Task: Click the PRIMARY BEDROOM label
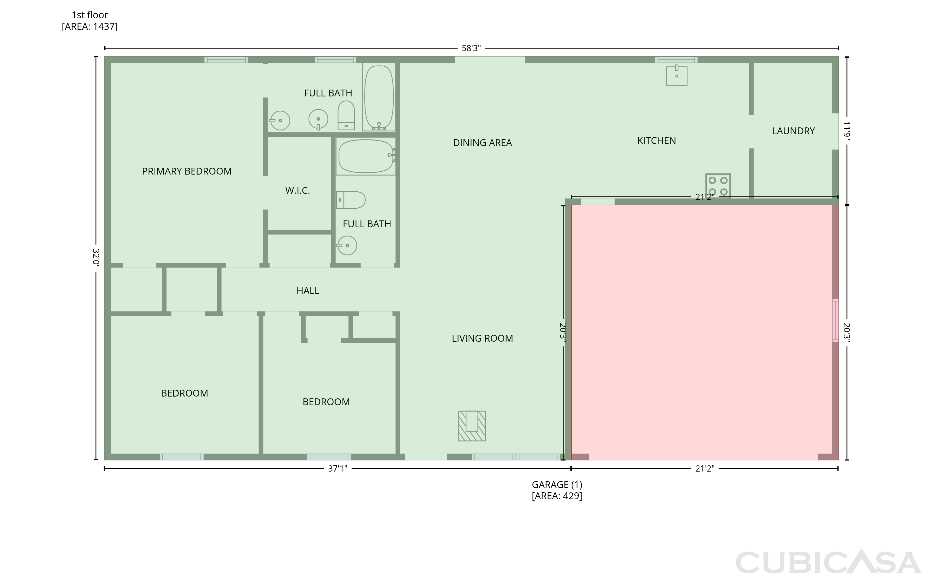point(187,171)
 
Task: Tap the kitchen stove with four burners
point(718,186)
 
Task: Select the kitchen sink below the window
point(676,75)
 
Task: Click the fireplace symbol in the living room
point(472,426)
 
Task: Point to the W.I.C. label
point(297,191)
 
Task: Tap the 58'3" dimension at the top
point(471,48)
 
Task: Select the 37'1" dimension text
point(337,469)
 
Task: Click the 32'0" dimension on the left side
point(96,258)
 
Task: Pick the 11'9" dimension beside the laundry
point(846,131)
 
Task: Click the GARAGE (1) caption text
point(557,485)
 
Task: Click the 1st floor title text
point(90,15)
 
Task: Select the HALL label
point(308,291)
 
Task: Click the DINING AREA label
point(482,143)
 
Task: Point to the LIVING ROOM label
point(482,339)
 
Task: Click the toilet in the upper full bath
point(346,115)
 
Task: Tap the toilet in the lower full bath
point(351,200)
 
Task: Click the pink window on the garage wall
point(835,321)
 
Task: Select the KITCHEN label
point(657,141)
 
